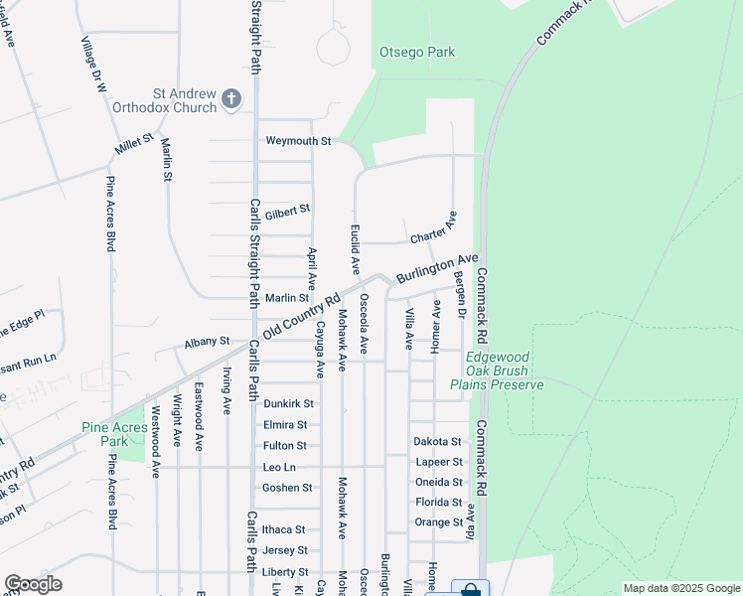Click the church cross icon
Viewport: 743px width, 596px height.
tap(231, 97)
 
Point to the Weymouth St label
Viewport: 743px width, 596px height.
tap(298, 141)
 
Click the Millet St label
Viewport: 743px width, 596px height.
tap(134, 146)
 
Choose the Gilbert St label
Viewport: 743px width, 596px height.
tap(287, 210)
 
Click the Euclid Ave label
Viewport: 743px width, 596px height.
tap(354, 249)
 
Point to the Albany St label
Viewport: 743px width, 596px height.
tap(207, 342)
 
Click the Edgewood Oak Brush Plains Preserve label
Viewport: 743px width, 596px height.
tap(497, 371)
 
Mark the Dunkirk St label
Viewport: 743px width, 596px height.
tap(288, 404)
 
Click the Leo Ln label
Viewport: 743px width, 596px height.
tap(279, 467)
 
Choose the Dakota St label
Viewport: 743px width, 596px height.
tap(438, 441)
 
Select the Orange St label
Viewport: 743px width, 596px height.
tap(439, 522)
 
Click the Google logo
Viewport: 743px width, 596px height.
tap(33, 584)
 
